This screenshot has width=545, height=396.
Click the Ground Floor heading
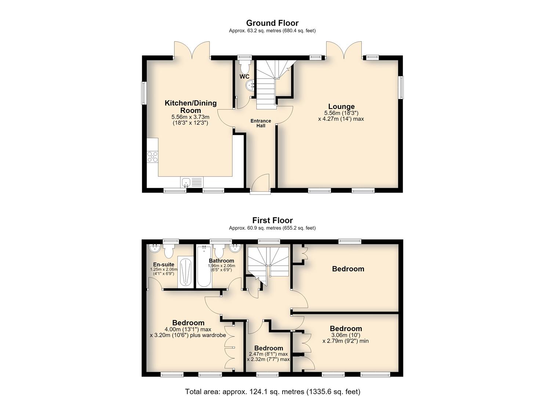(272, 23)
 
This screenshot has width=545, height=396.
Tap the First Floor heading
(272, 220)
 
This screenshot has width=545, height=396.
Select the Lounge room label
(341, 106)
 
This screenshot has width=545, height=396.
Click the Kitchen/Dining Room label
(190, 106)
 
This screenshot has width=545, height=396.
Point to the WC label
(244, 77)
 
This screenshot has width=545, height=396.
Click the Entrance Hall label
(261, 123)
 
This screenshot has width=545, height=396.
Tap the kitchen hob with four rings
(153, 157)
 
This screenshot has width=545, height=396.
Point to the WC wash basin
(250, 85)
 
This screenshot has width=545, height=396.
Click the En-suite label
(164, 264)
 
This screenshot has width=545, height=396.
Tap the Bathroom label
(221, 261)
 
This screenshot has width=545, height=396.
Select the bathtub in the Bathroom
(204, 267)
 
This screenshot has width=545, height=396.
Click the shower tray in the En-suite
(185, 272)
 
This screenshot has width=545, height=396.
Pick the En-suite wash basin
(155, 249)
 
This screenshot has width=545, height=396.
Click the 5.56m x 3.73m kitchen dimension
(190, 117)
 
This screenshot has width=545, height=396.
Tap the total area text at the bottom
(272, 385)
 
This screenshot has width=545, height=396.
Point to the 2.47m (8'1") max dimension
(269, 354)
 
